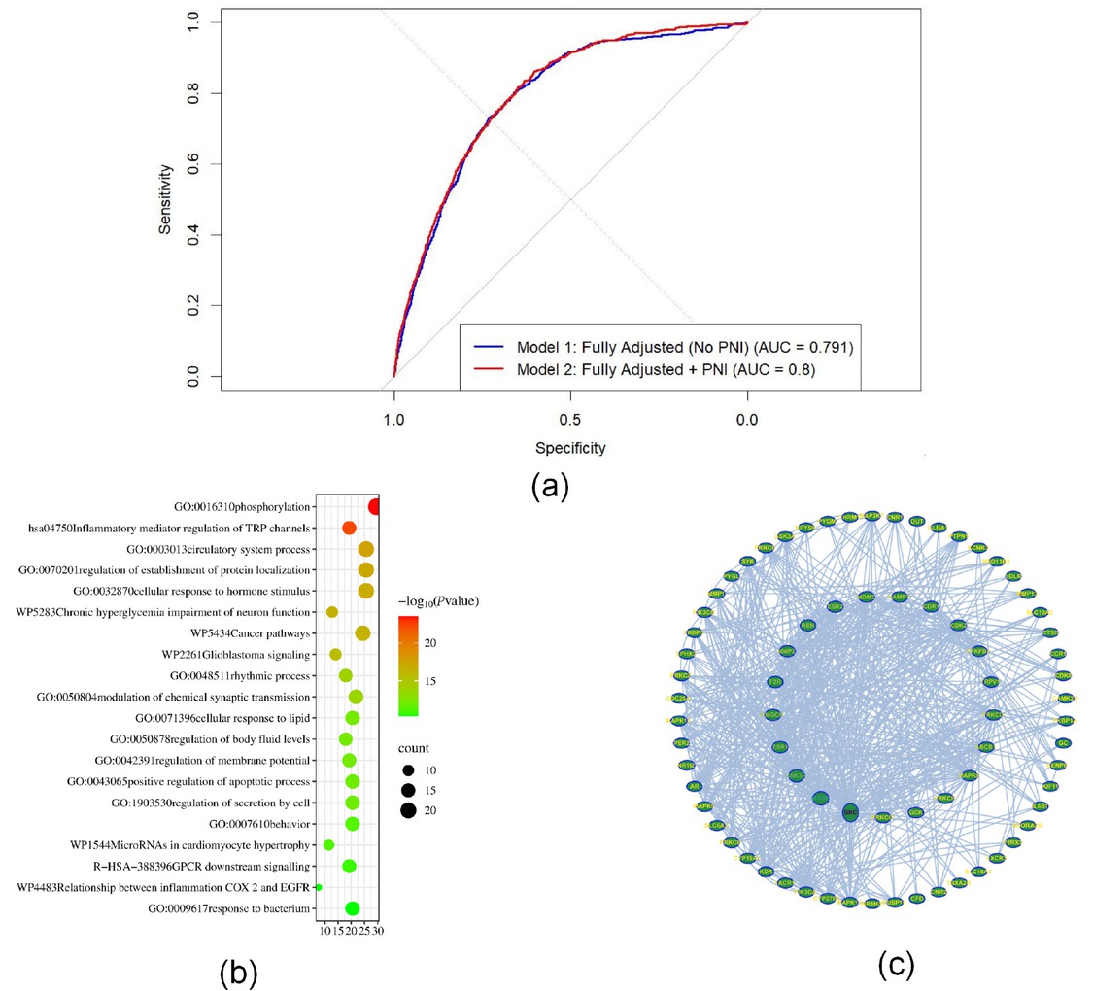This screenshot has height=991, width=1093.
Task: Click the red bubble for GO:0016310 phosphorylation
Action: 376,506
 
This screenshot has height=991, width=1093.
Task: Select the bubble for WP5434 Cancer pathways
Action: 362,633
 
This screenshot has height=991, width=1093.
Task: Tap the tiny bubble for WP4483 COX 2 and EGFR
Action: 319,887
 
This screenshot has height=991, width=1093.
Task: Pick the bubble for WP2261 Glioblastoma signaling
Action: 335,654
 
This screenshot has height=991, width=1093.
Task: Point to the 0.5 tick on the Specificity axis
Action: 570,422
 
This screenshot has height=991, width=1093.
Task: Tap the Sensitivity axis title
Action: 166,199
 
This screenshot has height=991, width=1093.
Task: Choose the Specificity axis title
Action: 570,448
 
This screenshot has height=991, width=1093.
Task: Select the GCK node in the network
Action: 914,811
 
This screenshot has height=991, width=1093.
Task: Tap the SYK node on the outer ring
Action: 747,562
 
